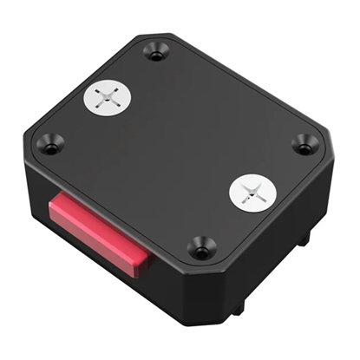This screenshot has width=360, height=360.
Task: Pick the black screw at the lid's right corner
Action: (x=303, y=144)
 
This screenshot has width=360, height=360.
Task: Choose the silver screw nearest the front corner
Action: (x=252, y=192)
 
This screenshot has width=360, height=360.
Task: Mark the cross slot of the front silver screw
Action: (x=252, y=192)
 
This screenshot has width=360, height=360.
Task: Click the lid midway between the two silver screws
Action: (x=180, y=144)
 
